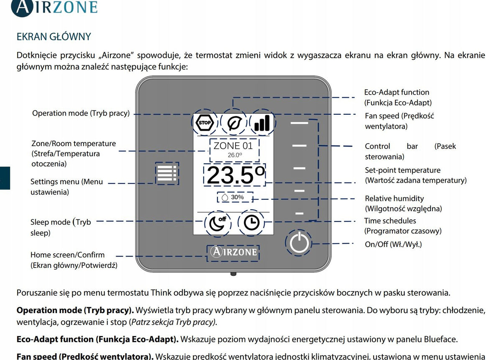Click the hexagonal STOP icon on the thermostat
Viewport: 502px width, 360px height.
[x=205, y=123]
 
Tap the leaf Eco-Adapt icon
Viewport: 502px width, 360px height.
[x=233, y=123]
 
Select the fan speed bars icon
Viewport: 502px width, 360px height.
[x=262, y=123]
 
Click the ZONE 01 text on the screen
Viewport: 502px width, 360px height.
[x=233, y=146]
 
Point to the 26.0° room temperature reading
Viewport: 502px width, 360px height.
[x=235, y=155]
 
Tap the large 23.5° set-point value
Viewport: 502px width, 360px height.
[x=235, y=175]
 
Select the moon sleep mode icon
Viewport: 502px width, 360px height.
[x=218, y=223]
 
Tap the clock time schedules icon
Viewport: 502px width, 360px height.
[x=251, y=223]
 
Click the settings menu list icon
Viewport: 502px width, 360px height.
[x=167, y=173]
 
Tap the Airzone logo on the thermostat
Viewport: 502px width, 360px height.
[x=233, y=252]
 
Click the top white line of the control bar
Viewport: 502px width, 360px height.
[x=299, y=123]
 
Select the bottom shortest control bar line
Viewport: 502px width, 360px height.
[x=299, y=213]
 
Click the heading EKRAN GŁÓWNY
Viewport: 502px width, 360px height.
[x=54, y=36]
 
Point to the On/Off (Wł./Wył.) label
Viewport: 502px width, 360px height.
[x=393, y=244]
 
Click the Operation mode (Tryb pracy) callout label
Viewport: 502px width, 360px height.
[x=81, y=113]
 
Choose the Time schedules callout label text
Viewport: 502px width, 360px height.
[x=403, y=226]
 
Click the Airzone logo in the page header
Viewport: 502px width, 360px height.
[x=54, y=8]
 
